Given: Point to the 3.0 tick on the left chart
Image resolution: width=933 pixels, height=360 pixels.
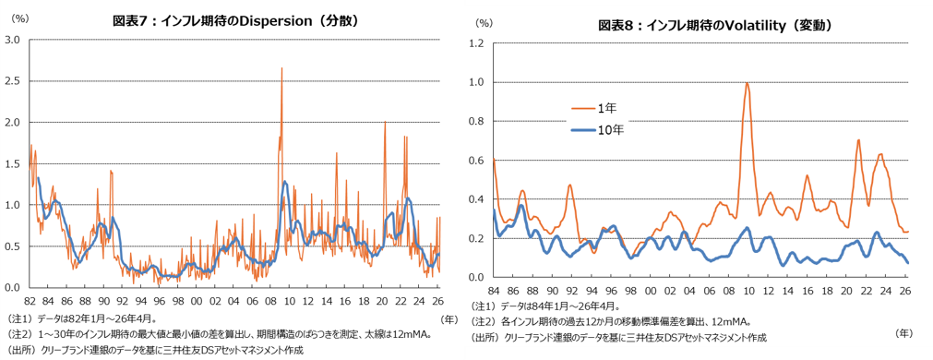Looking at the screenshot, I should click(x=13, y=40).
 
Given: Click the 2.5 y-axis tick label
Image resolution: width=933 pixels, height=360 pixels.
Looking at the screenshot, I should click(x=13, y=81).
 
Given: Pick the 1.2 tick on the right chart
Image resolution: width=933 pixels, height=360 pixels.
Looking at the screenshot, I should click(x=477, y=43).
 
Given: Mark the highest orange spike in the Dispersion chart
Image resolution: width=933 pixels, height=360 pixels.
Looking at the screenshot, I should click(x=281, y=68).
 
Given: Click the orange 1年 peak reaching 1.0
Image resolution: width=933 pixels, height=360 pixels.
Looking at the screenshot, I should click(x=747, y=84).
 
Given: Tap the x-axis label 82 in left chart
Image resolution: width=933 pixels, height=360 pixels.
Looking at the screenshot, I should click(x=30, y=300).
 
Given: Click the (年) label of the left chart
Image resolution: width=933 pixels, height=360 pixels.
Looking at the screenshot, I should click(x=449, y=318).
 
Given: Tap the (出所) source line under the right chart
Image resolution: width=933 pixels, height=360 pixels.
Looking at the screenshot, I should click(x=618, y=338).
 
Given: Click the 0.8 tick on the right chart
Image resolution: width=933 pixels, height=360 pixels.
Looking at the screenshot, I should click(x=477, y=121).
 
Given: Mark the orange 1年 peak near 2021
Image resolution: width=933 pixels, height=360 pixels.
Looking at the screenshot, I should click(x=858, y=140).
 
